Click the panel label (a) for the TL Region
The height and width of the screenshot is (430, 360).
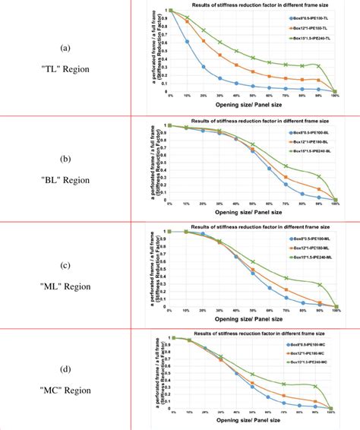pos(66,48)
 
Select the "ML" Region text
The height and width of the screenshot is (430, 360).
pos(66,286)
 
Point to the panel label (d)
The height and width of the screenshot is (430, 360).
pos(66,370)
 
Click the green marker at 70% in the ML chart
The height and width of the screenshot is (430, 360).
pos(285,277)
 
